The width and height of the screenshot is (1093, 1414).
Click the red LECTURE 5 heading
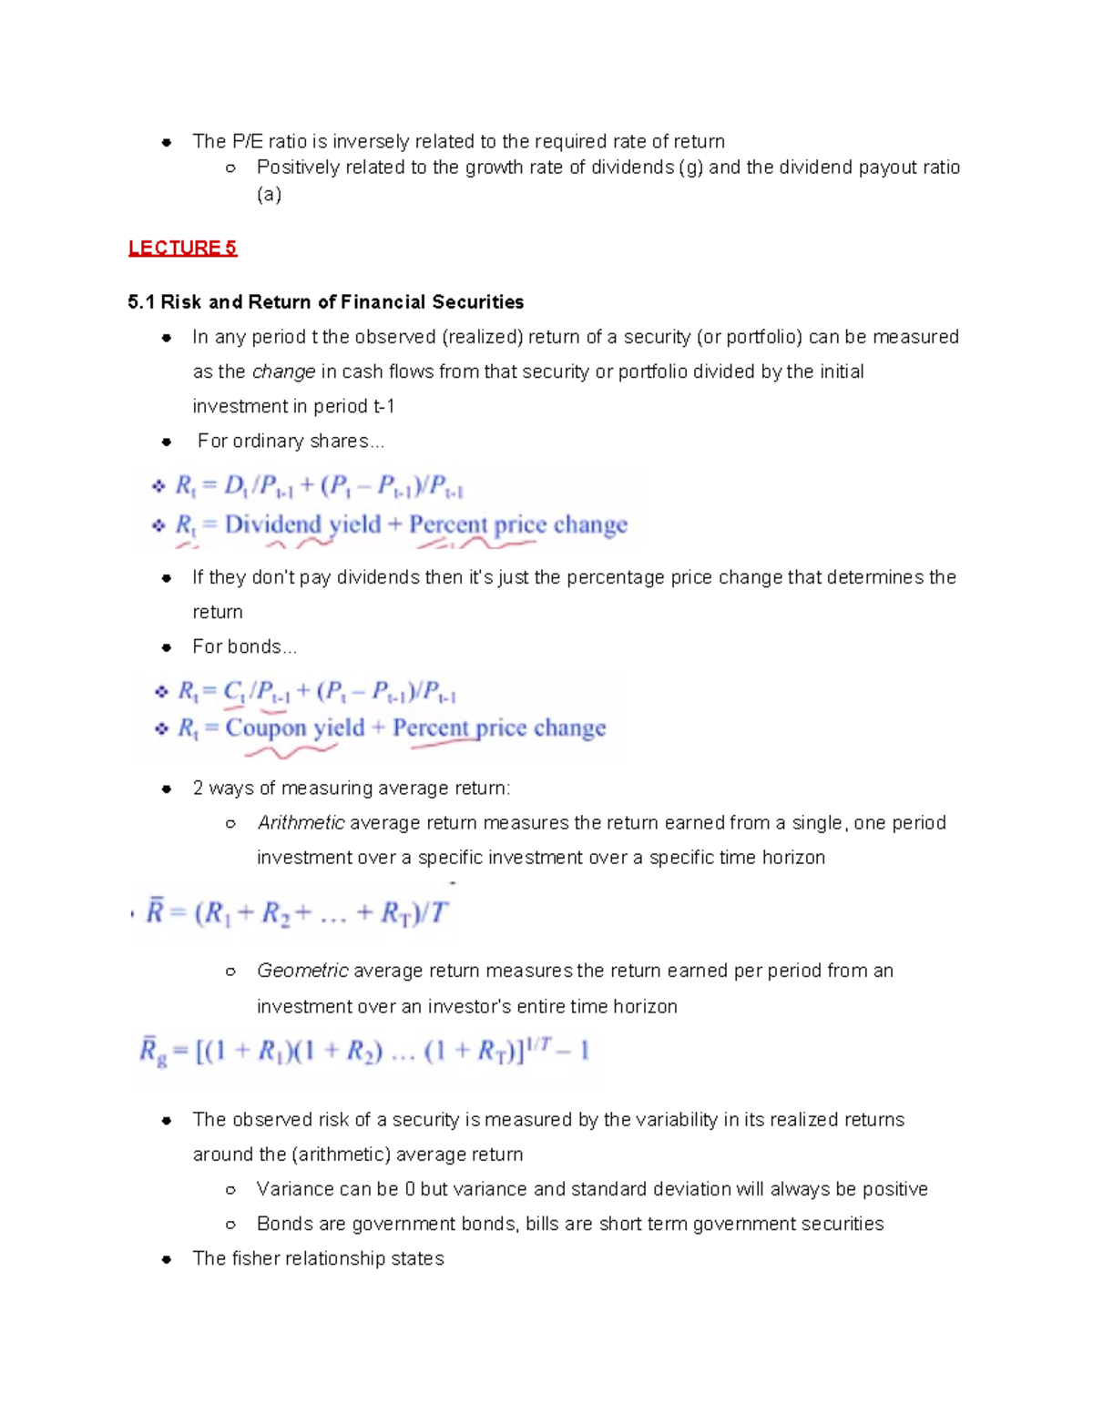[x=182, y=248]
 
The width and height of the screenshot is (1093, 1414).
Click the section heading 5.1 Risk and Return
[x=325, y=302]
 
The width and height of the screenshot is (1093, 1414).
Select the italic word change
[x=283, y=371]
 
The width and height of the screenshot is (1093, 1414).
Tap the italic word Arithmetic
[x=301, y=823]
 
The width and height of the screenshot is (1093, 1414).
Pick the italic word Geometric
[x=302, y=971]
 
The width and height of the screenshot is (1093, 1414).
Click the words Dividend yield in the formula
[x=302, y=524]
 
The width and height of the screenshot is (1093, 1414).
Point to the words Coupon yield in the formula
[x=294, y=727]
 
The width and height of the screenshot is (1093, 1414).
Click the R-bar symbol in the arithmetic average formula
[x=155, y=910]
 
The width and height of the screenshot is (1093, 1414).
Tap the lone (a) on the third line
[x=269, y=195]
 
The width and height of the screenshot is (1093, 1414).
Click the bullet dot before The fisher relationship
[x=167, y=1259]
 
